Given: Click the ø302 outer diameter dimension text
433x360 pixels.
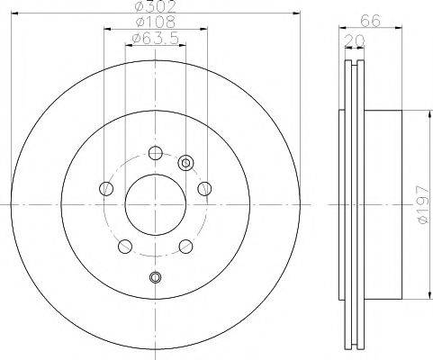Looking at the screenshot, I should (155, 6).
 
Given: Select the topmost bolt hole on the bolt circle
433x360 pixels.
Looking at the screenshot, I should (155, 152).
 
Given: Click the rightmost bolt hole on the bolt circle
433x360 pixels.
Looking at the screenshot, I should (203, 187).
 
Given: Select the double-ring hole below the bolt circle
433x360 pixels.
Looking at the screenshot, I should (155, 277).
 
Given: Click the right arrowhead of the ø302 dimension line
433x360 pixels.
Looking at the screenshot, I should (296, 13).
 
